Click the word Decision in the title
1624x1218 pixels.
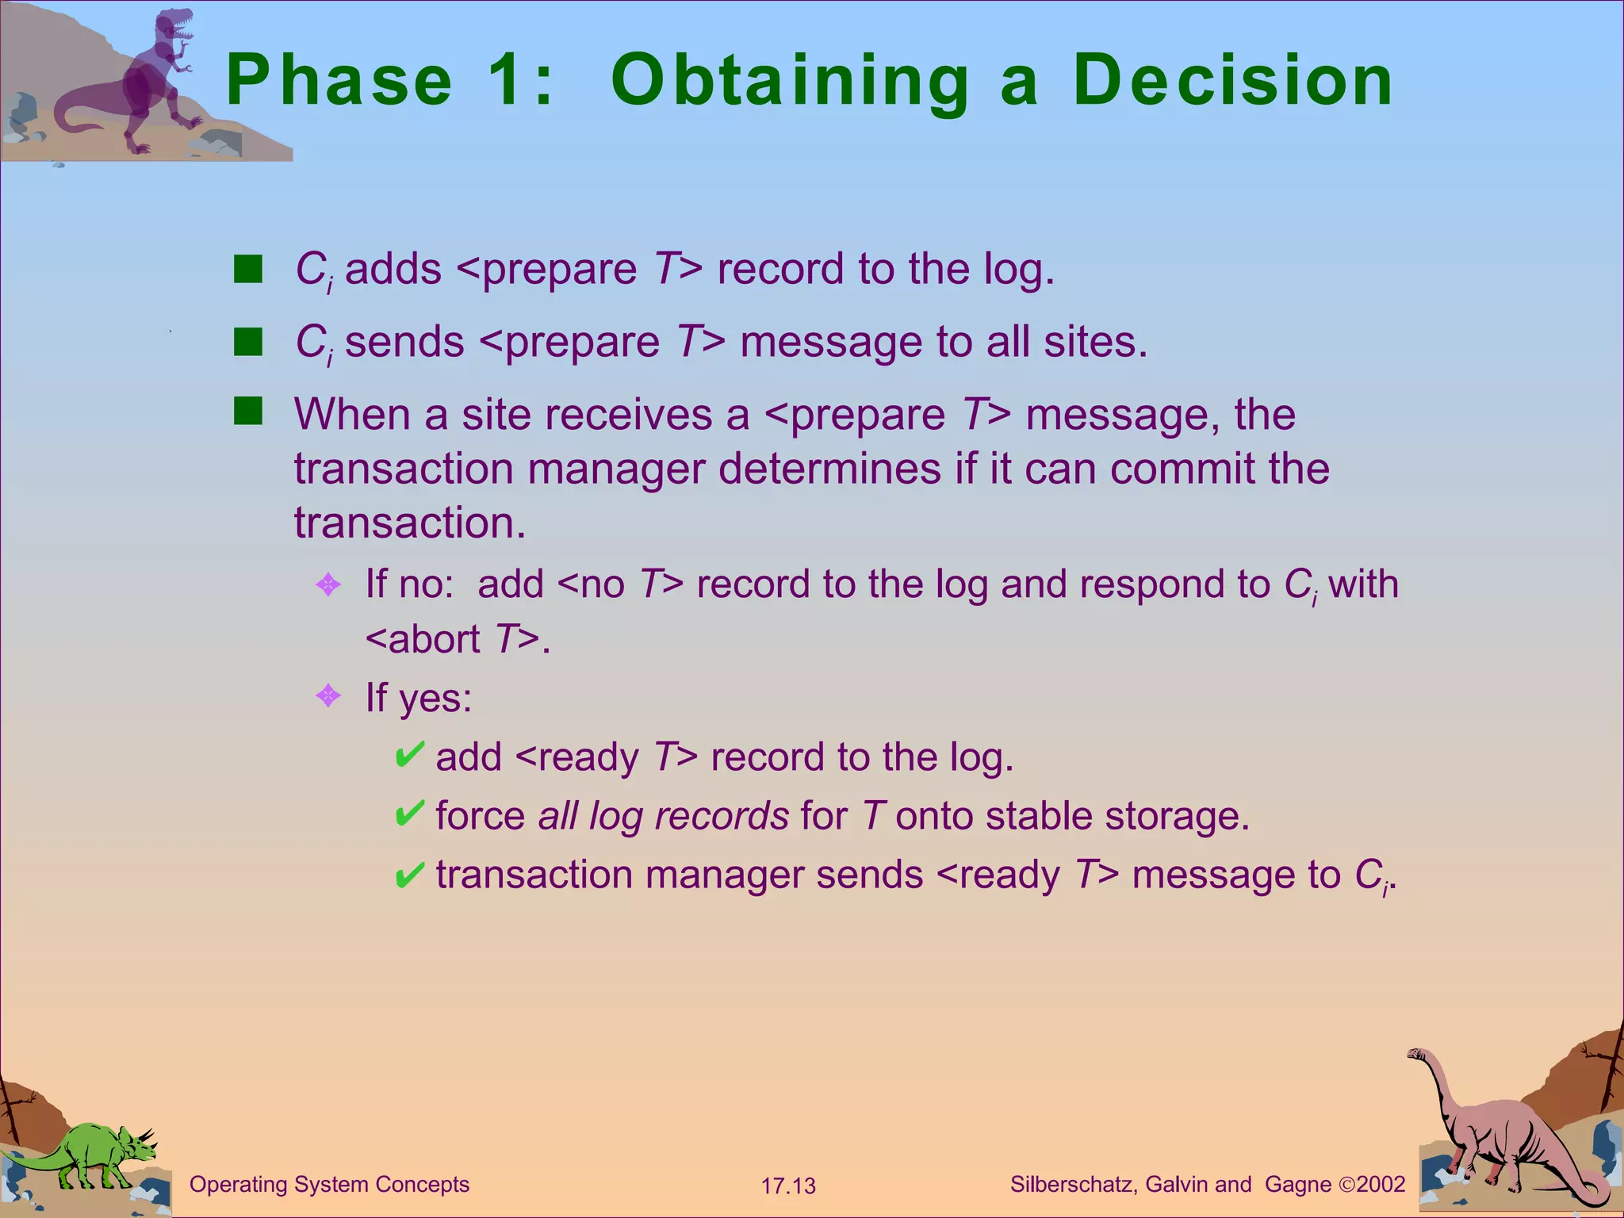[1232, 81]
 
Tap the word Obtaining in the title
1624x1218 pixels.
[790, 82]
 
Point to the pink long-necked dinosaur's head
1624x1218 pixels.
[1416, 1055]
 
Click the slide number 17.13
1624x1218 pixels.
[788, 1186]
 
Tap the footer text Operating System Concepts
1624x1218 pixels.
[329, 1185]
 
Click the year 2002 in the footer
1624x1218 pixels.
[1381, 1185]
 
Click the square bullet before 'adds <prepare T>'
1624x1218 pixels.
[248, 270]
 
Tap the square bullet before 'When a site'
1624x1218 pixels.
[248, 412]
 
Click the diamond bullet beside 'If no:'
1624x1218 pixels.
[328, 585]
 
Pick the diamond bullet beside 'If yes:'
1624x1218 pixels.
[328, 696]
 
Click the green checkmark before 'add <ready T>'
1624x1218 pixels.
[409, 755]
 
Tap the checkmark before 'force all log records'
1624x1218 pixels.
[409, 814]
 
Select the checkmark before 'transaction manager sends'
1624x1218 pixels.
[409, 875]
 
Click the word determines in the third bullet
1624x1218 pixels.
[829, 469]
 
